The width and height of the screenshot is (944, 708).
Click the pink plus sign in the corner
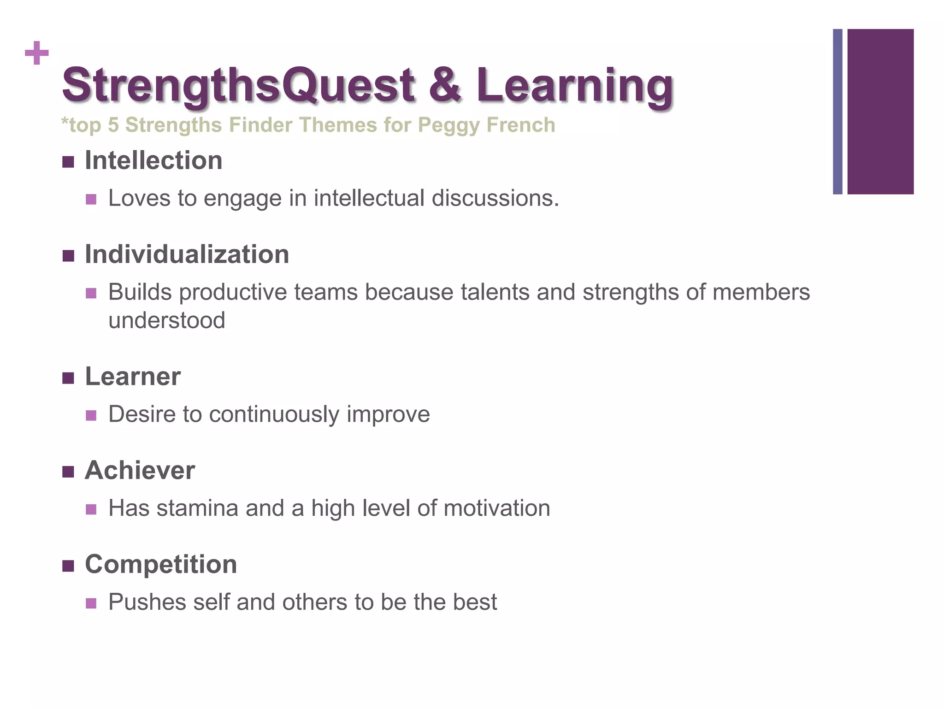(x=37, y=53)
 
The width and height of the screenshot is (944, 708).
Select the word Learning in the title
(x=575, y=85)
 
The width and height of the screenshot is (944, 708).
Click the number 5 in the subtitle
(x=113, y=125)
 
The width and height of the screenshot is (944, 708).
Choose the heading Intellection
(x=153, y=160)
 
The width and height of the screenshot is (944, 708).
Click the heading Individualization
(x=187, y=254)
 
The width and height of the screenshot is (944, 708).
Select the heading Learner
(x=133, y=376)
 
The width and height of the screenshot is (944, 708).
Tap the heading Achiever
(x=140, y=470)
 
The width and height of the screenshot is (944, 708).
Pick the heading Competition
(x=161, y=564)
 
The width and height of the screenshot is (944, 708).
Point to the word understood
(x=167, y=320)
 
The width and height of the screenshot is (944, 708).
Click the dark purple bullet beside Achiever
(x=68, y=472)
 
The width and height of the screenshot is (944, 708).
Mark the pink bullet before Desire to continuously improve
(x=91, y=415)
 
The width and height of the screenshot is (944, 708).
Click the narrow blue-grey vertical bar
(x=838, y=112)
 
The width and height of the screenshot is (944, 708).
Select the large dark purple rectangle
(x=880, y=112)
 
